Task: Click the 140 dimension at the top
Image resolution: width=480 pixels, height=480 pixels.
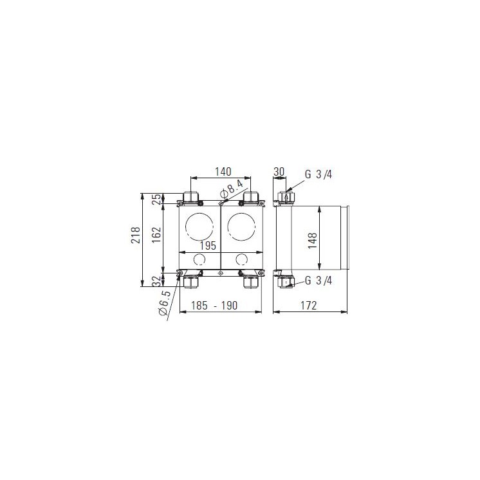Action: pos(222,172)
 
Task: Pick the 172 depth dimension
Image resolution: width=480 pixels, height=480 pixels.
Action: pos(309,306)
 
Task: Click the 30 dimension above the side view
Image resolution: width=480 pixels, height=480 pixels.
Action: pos(279,172)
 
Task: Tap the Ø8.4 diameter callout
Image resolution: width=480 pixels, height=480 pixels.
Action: pos(230,189)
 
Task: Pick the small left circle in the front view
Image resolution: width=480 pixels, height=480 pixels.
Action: pos(199,260)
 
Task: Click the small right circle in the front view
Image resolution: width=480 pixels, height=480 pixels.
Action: pos(242,260)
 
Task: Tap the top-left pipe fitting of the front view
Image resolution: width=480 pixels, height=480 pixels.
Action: pos(191,196)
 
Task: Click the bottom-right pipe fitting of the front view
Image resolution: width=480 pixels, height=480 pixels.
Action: pos(250,281)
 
